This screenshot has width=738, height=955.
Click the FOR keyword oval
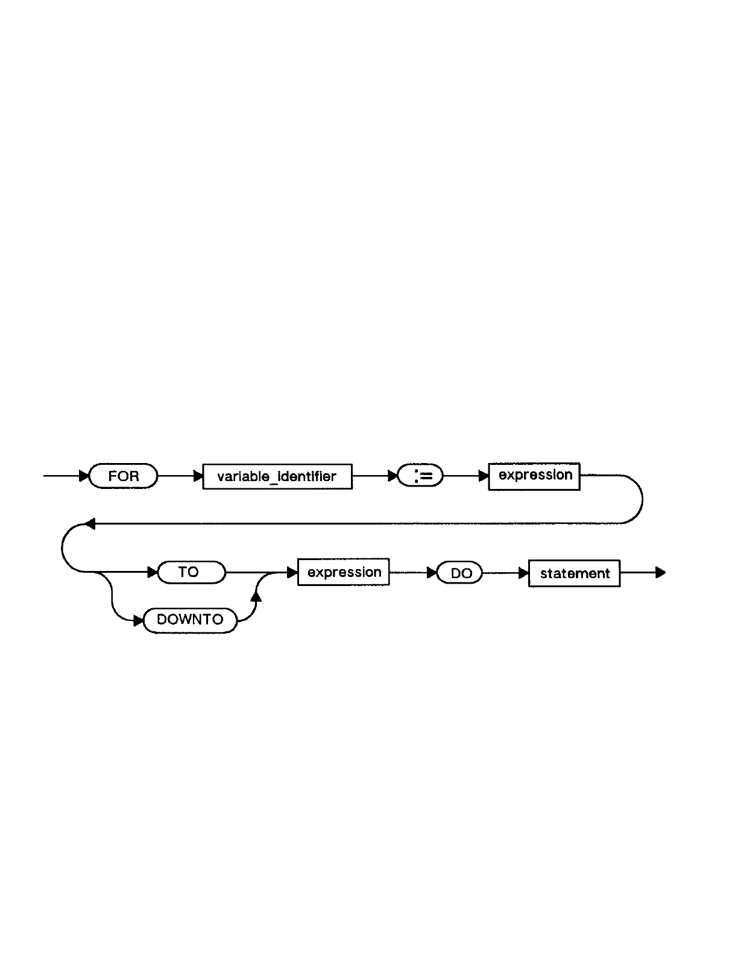click(x=123, y=476)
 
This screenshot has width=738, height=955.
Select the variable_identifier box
click(x=277, y=476)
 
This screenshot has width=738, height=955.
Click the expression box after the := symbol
click(x=534, y=476)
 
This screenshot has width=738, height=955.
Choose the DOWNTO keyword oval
click(x=190, y=620)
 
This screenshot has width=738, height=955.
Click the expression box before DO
click(x=344, y=572)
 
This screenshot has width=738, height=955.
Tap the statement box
click(x=574, y=573)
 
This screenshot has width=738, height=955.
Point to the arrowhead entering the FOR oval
click(x=84, y=476)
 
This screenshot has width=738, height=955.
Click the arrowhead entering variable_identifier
click(x=198, y=476)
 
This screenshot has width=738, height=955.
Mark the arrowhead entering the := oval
click(x=393, y=476)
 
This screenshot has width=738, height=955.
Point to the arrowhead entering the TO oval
click(x=152, y=572)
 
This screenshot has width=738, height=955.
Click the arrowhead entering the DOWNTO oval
click(x=138, y=620)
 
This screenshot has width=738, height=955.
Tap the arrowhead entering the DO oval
click(x=432, y=573)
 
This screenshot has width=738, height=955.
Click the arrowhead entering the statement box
click(x=523, y=573)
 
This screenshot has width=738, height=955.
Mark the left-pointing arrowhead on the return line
click(x=90, y=524)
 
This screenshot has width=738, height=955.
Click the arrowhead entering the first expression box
click(x=484, y=476)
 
